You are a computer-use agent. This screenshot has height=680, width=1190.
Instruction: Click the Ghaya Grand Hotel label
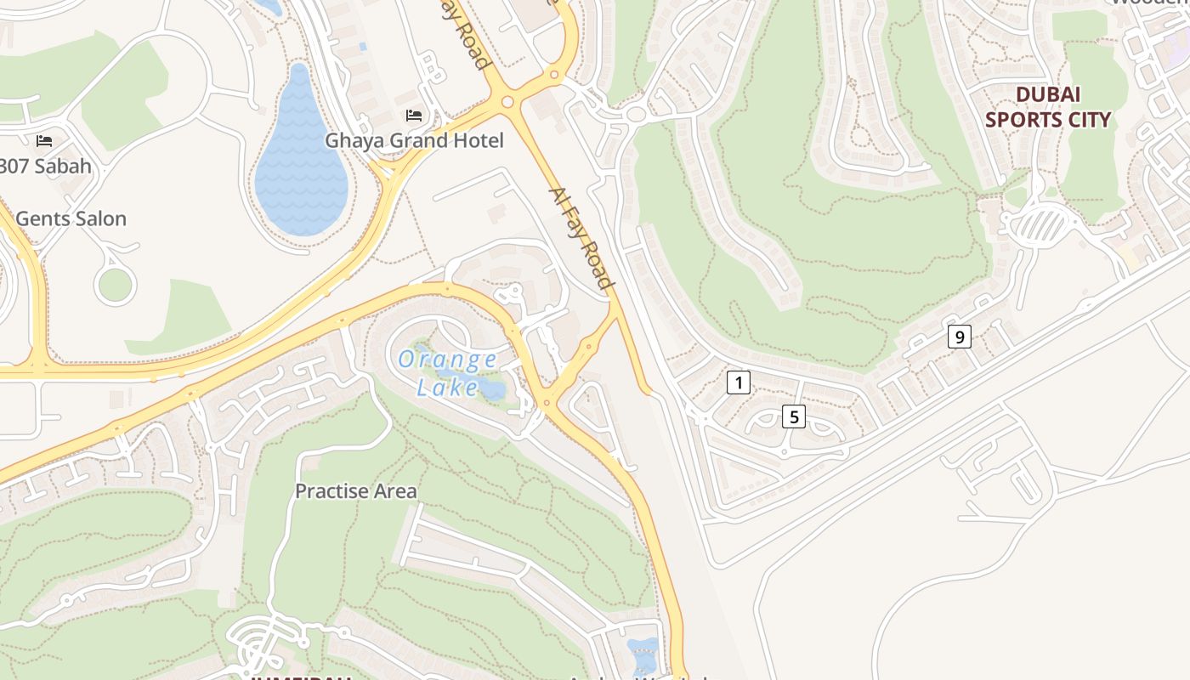click(x=414, y=140)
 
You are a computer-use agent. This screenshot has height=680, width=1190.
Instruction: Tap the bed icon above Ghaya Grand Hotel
click(x=414, y=115)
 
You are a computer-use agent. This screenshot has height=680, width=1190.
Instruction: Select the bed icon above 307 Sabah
click(x=44, y=140)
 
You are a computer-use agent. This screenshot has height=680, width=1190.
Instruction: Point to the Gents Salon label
click(x=71, y=218)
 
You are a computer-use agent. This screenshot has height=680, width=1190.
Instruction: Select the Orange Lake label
click(x=447, y=373)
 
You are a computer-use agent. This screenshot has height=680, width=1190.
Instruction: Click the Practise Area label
click(x=355, y=491)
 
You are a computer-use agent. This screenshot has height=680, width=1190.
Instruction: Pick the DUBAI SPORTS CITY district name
click(x=1047, y=107)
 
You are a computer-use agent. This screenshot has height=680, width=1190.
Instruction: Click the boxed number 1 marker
click(x=739, y=382)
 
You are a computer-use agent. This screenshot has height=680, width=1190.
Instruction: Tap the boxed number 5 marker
click(x=793, y=416)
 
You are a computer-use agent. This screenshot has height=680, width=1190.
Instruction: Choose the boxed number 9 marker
click(x=959, y=337)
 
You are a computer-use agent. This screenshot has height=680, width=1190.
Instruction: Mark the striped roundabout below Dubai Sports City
click(x=1042, y=225)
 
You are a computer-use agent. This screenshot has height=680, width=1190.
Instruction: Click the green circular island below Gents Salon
click(x=115, y=285)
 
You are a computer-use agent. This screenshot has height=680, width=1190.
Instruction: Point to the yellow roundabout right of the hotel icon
click(x=508, y=102)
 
